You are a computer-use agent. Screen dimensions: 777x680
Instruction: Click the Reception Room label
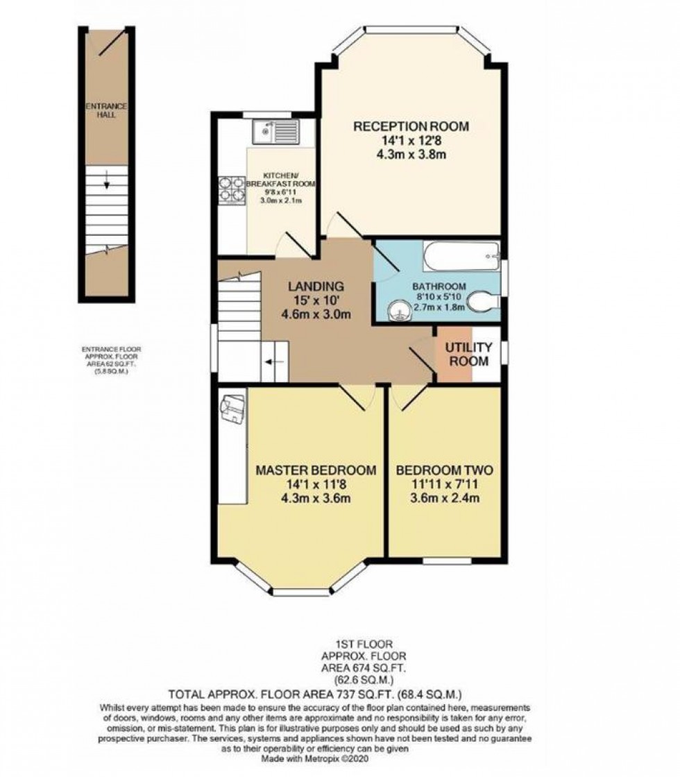(411, 126)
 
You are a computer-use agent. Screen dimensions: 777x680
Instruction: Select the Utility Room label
(469, 354)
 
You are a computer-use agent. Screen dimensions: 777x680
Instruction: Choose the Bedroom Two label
(444, 470)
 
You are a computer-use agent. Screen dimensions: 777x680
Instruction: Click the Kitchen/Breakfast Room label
(280, 180)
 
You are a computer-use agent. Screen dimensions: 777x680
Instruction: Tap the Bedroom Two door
(409, 398)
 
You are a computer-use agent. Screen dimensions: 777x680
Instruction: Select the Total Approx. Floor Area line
(340, 694)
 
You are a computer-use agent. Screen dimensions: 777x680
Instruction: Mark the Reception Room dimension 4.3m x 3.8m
(411, 154)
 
